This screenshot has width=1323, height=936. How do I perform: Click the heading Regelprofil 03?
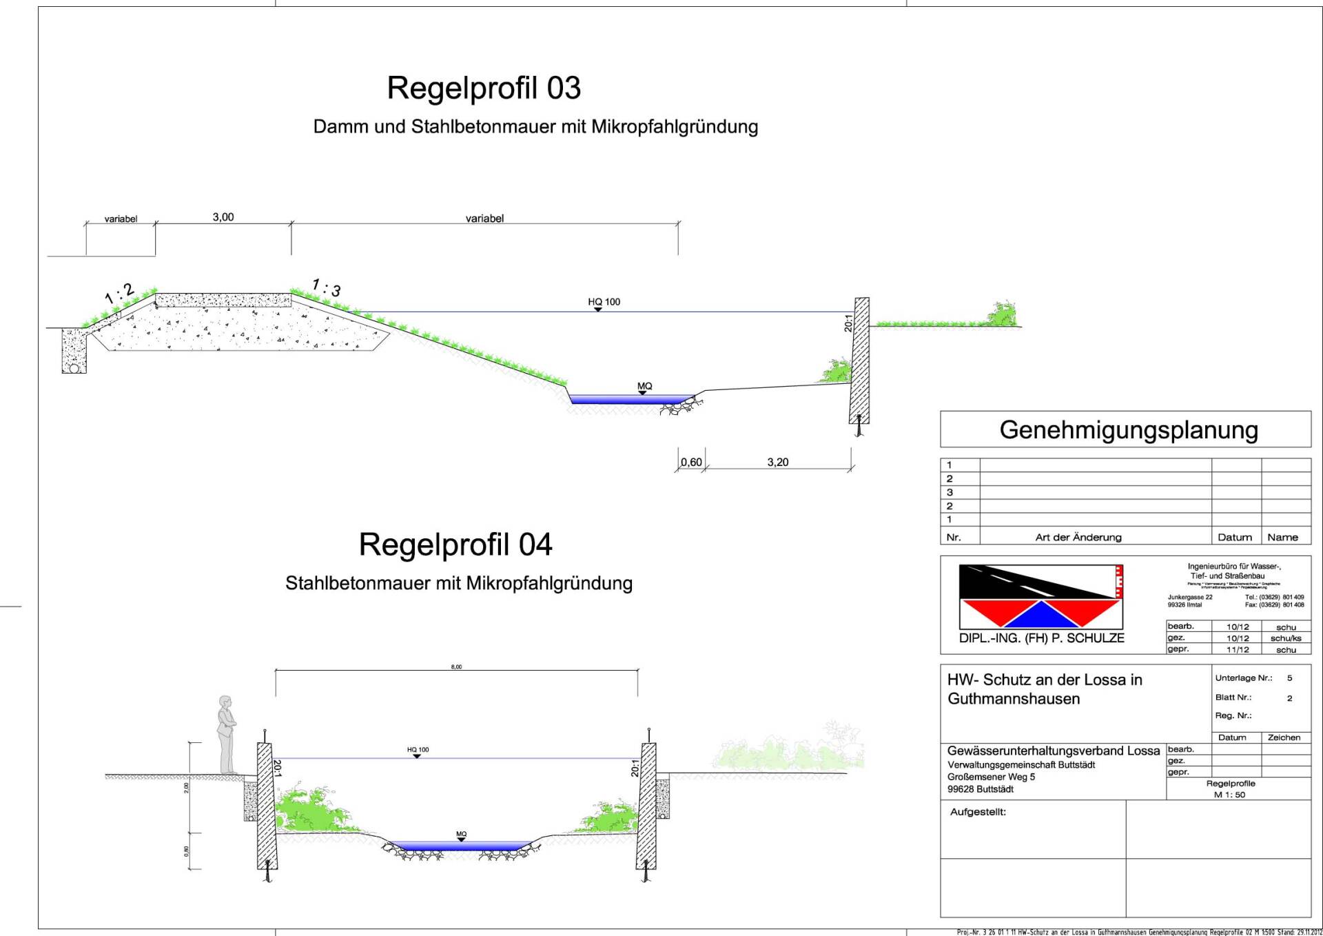pos(484,88)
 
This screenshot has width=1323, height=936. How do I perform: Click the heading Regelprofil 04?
pos(455,545)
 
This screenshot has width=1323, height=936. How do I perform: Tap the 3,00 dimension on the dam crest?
pos(223,217)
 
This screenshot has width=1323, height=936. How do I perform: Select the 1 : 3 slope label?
pos(326,287)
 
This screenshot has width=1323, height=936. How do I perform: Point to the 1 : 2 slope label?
pos(119,294)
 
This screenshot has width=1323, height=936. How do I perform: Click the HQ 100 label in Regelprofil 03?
pos(604,302)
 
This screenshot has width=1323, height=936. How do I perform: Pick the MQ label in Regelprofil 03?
pos(644,386)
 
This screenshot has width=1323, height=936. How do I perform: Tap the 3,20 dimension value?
pos(777,462)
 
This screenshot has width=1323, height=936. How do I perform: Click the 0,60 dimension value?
pos(691,462)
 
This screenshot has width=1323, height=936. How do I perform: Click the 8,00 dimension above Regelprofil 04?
pos(456,667)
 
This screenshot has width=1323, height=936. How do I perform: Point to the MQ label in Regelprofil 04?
pos(461,834)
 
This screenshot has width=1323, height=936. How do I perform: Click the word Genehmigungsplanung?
pos(1128,430)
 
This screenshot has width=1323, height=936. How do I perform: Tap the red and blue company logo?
pos(1041,596)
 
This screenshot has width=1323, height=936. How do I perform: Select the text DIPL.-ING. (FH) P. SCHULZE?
pos(1041,638)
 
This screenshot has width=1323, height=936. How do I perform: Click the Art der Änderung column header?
pos(1078,538)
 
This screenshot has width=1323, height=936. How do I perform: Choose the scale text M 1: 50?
pos(1229,795)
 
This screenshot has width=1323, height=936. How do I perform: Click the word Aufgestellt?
pos(978,812)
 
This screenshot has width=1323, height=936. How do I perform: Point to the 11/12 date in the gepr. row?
pos(1238,650)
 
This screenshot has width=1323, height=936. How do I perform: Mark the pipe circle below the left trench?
pos(73,368)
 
